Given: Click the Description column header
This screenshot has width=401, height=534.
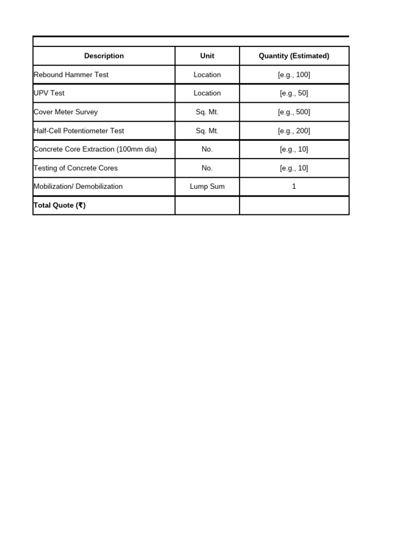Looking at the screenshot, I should tap(104, 56).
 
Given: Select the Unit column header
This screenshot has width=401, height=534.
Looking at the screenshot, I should tap(207, 56).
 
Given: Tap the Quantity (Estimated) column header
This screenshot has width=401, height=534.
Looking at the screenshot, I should tap(294, 56).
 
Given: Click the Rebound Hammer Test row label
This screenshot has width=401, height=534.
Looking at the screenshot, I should tap(71, 75).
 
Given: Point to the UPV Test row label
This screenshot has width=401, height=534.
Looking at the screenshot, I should tap(49, 93).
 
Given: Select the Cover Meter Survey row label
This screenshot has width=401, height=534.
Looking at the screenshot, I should tap(65, 112).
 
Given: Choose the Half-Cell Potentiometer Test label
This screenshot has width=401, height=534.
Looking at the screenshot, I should tap(79, 131).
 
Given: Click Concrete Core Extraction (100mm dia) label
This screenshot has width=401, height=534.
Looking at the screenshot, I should tap(95, 149).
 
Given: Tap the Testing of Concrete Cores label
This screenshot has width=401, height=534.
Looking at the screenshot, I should tap(76, 168).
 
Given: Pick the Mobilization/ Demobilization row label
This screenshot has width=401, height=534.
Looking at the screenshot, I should tap(78, 186).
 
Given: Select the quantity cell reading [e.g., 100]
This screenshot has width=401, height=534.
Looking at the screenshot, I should tap(294, 75).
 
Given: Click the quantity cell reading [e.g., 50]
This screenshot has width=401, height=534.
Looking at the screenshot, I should tap(294, 93).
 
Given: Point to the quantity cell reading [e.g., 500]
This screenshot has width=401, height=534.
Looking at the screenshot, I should tap(294, 112).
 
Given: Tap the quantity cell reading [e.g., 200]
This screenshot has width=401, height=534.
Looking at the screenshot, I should tap(294, 131).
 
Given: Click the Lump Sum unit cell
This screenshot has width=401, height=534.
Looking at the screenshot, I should tap(207, 186).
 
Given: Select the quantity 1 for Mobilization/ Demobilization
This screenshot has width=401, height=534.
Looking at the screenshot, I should tap(294, 186).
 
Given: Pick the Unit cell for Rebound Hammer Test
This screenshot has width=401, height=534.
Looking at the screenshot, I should tap(207, 75).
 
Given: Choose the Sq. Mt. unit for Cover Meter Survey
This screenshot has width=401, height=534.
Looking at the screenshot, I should tap(207, 112).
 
